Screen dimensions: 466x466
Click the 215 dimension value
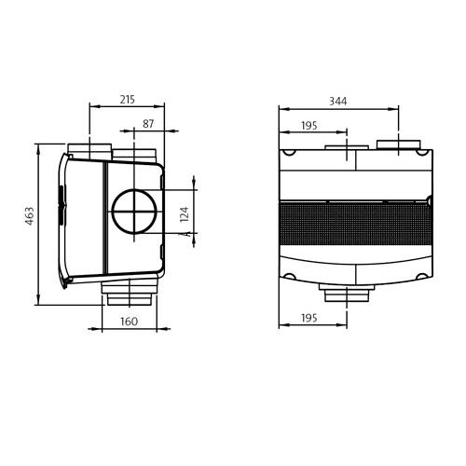pos(128,100)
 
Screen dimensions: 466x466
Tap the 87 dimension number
pos(148,124)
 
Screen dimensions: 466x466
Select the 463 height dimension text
pos(30,215)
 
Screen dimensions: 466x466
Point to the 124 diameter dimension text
pos(185,214)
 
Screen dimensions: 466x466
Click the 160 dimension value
pos(129,322)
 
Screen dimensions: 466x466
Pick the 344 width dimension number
pos(338,101)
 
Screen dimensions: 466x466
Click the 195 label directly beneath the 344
pos(309,126)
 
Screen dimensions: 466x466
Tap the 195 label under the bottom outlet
pos(309,318)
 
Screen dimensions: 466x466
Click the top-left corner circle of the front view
pos(290,152)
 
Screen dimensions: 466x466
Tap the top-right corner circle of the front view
pos(422,152)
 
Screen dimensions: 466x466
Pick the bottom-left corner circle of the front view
pos(290,276)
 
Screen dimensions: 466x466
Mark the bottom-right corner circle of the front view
pos(422,276)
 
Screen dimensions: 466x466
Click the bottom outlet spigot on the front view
pos(347,293)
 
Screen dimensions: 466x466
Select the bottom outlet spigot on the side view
pos(130,293)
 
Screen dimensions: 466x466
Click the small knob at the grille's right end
pos(430,200)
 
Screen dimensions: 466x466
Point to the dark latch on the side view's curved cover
pos(62,205)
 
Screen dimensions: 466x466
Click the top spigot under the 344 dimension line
pos(399,144)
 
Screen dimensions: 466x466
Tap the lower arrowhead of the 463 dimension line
pos(38,300)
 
